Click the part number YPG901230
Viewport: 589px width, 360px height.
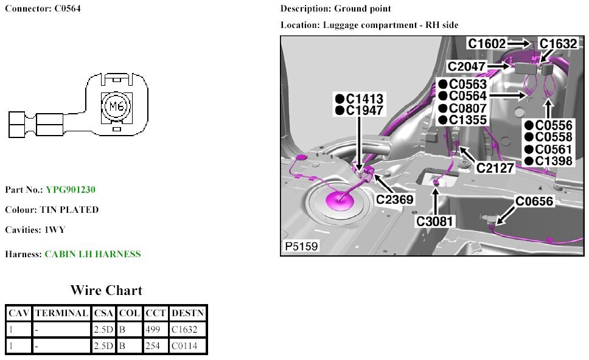click(x=71, y=190)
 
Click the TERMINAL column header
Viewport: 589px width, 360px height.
click(x=61, y=313)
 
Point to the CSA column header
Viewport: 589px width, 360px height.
click(x=103, y=313)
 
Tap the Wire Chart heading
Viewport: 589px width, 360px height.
click(x=106, y=290)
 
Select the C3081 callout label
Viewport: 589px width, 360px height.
click(x=436, y=221)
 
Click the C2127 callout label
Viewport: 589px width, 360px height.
click(x=496, y=167)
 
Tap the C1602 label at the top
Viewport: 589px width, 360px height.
click(x=487, y=43)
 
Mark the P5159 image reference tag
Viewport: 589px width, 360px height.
click(x=301, y=247)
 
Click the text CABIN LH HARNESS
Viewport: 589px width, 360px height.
click(x=92, y=254)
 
